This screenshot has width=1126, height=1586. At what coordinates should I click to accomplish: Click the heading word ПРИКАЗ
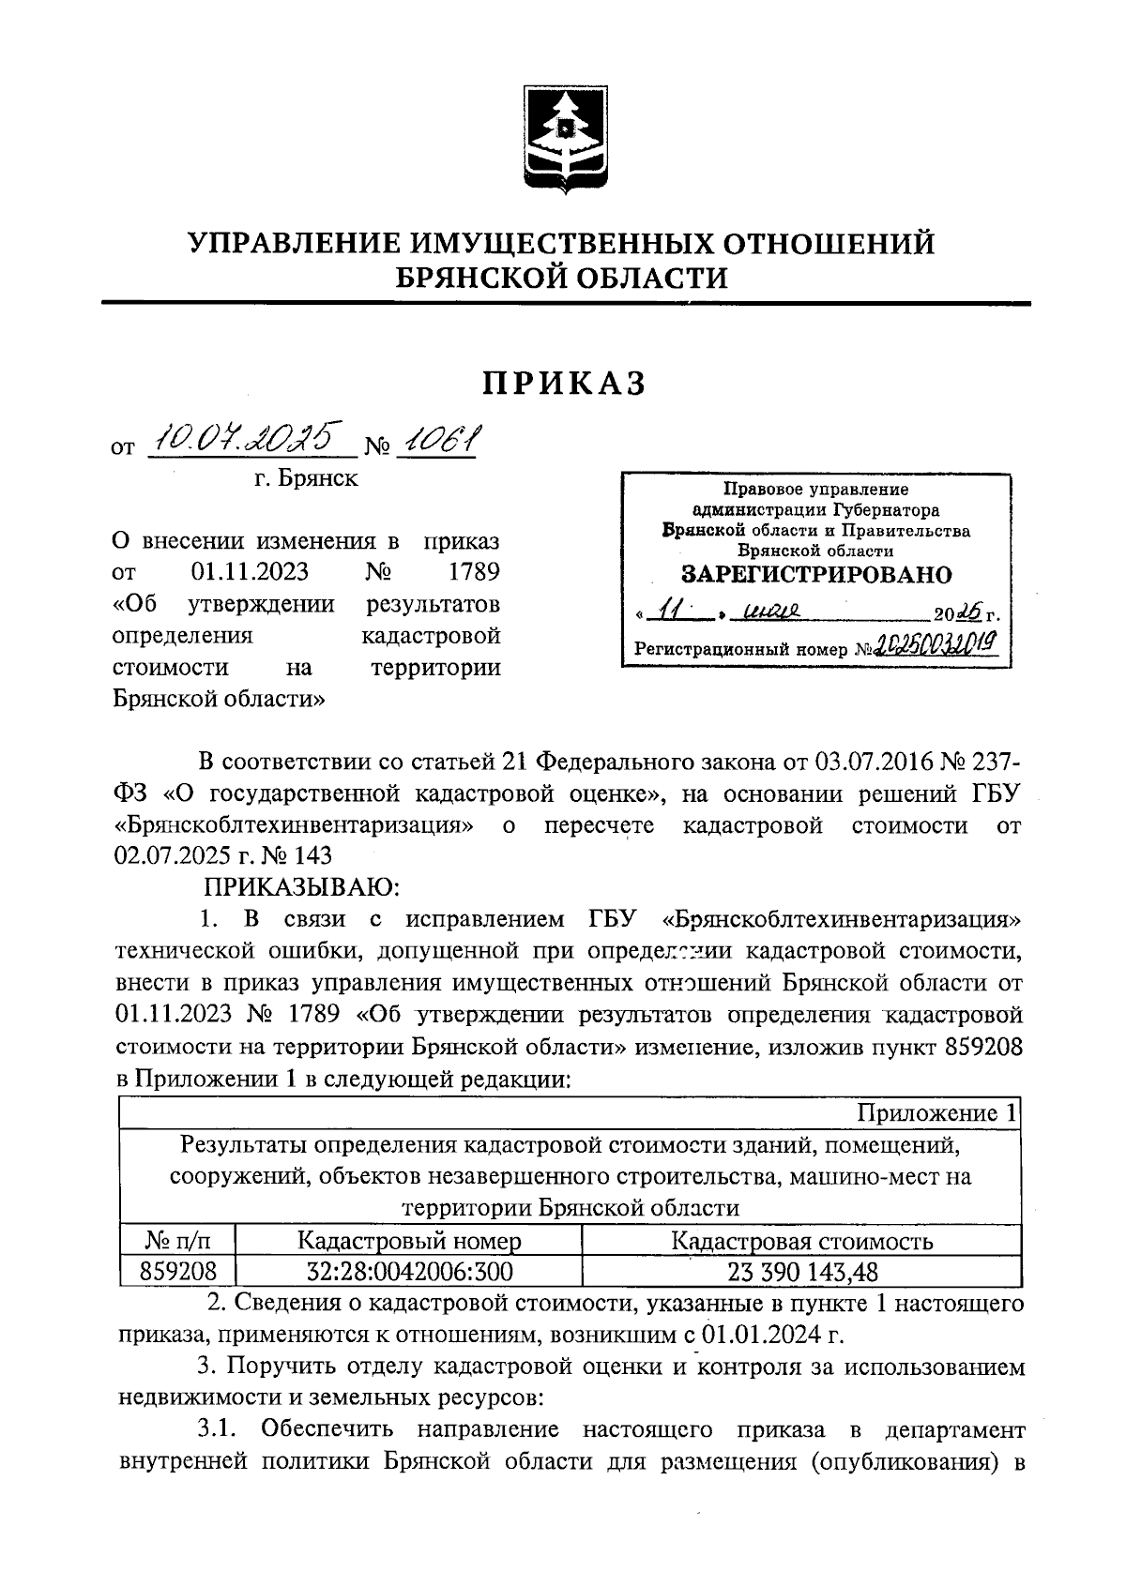coord(565,384)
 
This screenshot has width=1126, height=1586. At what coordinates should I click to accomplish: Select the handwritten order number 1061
coord(437,437)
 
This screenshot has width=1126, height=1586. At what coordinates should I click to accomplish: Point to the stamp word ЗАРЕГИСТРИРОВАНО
coord(815,575)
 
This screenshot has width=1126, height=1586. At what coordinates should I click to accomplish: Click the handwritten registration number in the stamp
coord(936,644)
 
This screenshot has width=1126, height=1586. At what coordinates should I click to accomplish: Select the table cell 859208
coord(177,1271)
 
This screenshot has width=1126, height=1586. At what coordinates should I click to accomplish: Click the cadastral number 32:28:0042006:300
coord(409,1271)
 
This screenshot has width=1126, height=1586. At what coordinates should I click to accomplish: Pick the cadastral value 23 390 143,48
coord(802,1271)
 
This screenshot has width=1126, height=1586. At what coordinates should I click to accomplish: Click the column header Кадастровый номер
coord(409,1241)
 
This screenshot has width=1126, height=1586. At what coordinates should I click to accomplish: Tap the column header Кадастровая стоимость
coord(802,1241)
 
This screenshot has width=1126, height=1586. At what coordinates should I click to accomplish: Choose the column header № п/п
coord(177,1241)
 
